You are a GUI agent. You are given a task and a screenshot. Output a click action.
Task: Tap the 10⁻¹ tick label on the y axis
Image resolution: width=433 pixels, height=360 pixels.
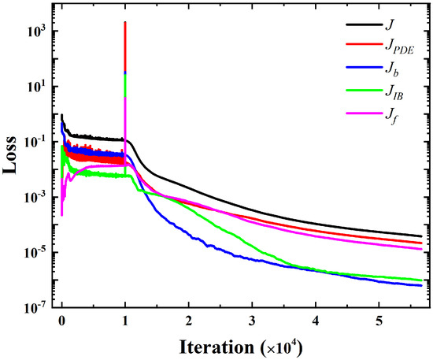point(35,142)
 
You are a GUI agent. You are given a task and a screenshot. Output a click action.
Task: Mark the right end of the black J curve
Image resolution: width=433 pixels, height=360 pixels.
point(421,236)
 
